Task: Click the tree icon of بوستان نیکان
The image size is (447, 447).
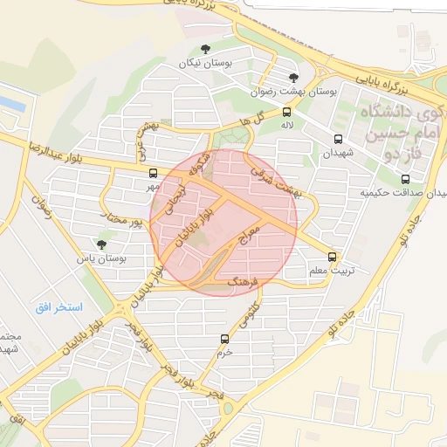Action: coord(205,49)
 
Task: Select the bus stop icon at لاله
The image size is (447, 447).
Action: coord(286,112)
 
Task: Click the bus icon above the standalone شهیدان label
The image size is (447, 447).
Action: coord(338,138)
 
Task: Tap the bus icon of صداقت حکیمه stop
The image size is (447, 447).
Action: coord(403,178)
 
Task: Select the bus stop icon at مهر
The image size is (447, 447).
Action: coord(153,172)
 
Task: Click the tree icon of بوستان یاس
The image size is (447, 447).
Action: coord(102,244)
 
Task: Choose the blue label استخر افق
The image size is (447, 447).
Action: coord(59,307)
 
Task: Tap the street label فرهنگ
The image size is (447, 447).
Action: coord(244,282)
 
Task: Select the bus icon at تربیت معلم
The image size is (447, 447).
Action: coord(332,257)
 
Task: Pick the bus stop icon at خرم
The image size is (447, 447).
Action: coord(224,339)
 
